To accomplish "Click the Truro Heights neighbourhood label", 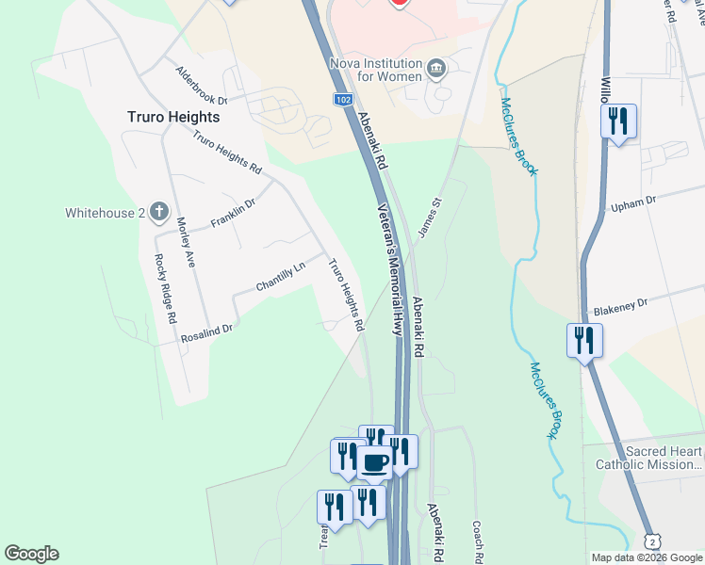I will [x=173, y=117].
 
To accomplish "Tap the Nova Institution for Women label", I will [x=374, y=71].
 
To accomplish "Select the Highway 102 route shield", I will [x=343, y=99].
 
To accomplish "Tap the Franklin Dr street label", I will [x=233, y=212].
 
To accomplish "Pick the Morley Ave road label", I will [x=186, y=243].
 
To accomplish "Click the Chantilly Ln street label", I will [x=281, y=276].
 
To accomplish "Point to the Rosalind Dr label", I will [x=207, y=329].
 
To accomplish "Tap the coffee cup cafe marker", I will [x=374, y=461].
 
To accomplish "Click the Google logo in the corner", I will [x=31, y=554].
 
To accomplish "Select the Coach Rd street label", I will [x=479, y=542].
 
